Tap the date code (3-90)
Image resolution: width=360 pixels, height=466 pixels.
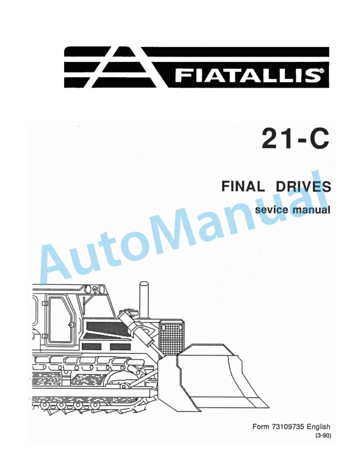pos(324,437)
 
